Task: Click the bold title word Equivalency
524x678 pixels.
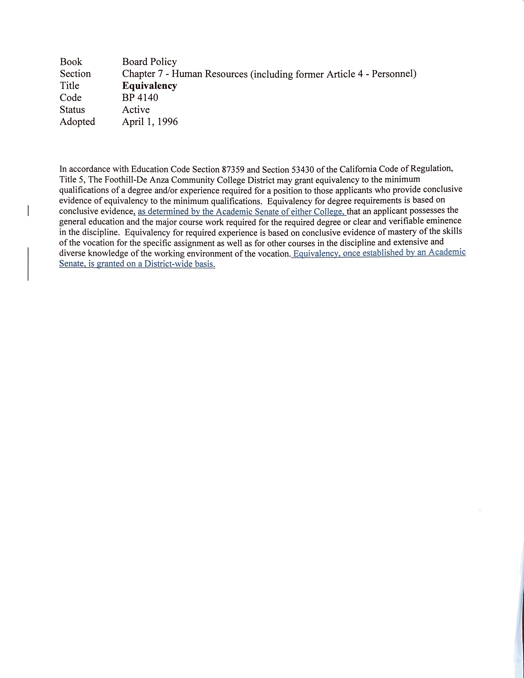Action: (x=149, y=86)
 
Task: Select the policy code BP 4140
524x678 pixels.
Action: (x=140, y=98)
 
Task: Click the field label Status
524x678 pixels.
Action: (x=72, y=110)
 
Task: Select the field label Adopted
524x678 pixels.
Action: (x=77, y=122)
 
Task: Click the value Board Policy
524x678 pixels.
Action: (x=149, y=62)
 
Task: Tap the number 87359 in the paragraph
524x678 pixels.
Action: (x=233, y=170)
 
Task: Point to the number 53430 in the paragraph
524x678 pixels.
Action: (x=302, y=170)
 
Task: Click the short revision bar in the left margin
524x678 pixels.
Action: (x=28, y=210)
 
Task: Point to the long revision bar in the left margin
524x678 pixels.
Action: (x=28, y=264)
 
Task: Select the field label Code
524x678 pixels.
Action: (x=70, y=98)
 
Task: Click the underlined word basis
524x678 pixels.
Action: (x=205, y=264)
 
